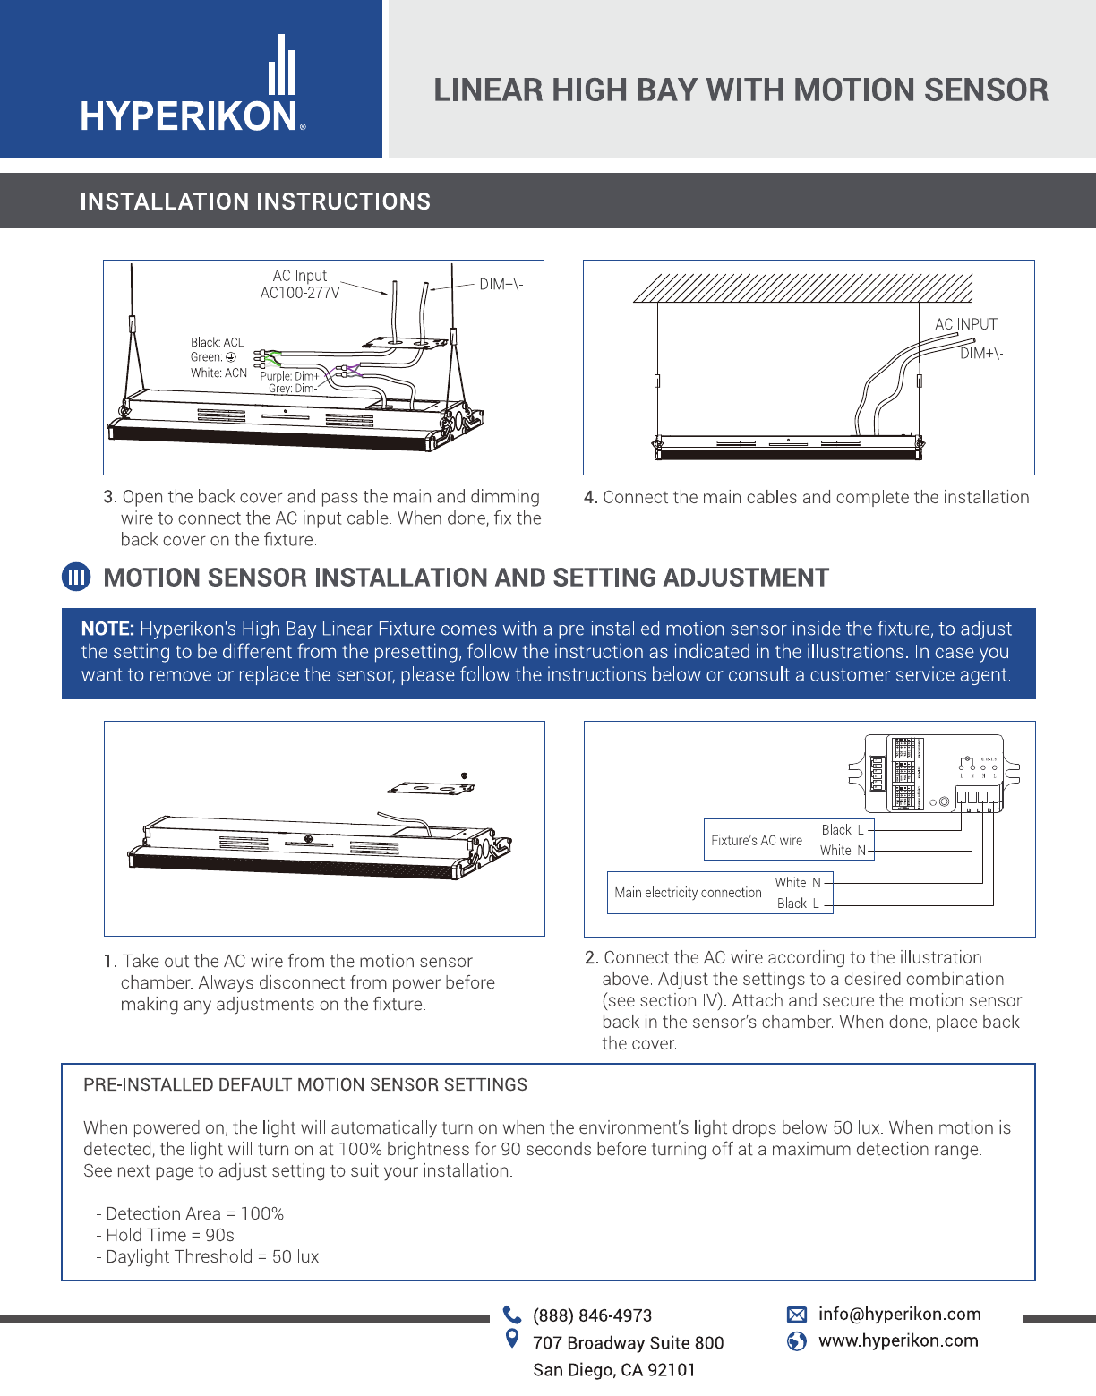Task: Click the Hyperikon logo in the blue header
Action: point(193,85)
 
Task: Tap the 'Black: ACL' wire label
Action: point(217,342)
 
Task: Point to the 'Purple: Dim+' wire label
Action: point(289,376)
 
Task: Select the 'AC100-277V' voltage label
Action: point(300,293)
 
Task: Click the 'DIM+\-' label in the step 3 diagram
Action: point(501,285)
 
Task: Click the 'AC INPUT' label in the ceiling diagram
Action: point(965,324)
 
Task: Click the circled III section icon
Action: point(76,578)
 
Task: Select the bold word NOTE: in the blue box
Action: point(107,629)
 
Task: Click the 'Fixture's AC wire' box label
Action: point(757,840)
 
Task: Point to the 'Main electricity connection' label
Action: point(688,893)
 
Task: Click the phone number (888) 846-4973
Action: point(592,1315)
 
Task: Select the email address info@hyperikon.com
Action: point(899,1314)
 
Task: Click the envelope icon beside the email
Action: point(796,1315)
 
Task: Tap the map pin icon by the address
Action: point(512,1339)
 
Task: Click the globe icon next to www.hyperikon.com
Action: point(796,1340)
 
